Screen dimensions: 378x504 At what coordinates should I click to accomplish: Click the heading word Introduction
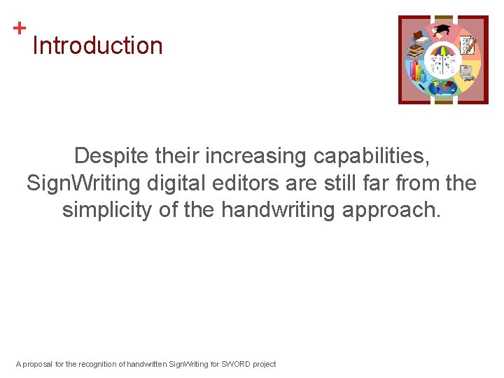(97, 46)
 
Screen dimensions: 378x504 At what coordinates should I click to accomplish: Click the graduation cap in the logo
(442, 30)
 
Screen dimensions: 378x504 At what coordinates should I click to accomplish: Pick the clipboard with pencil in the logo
(468, 45)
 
